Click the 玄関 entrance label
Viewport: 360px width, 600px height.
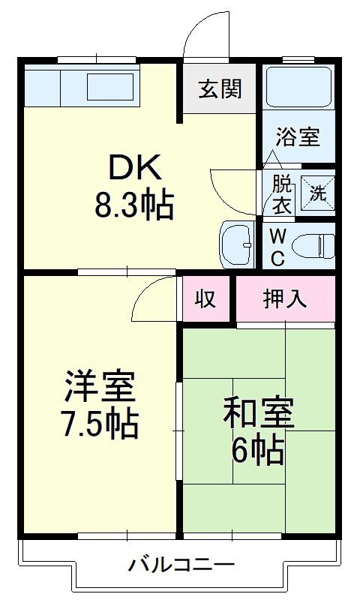coord(220,89)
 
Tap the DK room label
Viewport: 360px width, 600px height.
coord(135,168)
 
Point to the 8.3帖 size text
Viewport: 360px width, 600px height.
coord(135,205)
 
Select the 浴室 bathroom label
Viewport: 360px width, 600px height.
coord(298,136)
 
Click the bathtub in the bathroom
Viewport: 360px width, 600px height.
coord(298,88)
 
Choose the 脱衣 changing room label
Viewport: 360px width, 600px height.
coord(282,195)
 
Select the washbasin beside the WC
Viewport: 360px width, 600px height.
coord(238,244)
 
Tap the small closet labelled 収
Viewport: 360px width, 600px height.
coord(205,298)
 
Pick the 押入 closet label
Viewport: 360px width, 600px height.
coord(285,298)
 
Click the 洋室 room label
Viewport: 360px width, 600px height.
coord(100,385)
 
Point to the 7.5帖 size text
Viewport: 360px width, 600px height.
coord(100,424)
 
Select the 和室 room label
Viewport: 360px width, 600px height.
coord(259,413)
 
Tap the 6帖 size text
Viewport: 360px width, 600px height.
coord(258,451)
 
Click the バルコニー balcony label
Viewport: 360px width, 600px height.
coord(181,565)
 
